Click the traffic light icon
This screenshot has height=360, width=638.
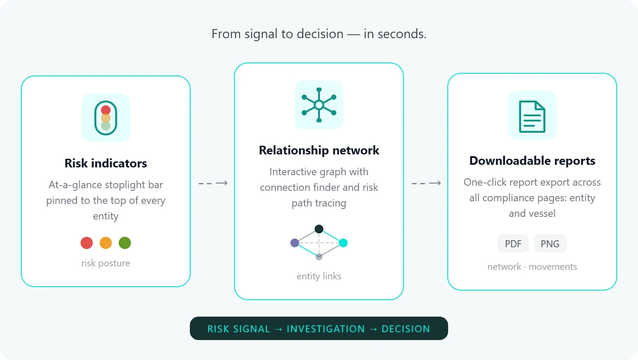pos(106,118)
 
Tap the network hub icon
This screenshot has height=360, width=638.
pos(319,105)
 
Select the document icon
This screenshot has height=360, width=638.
pos(532,117)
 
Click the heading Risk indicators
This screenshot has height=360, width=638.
pos(106,164)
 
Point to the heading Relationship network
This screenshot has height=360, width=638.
pos(319,150)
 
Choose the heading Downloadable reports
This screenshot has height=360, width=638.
pos(532,161)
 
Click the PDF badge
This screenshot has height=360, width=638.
pos(513,243)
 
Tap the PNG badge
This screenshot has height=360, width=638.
pos(550,243)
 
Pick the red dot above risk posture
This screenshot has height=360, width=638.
pos(87,243)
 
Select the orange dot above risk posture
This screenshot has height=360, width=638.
pos(106,243)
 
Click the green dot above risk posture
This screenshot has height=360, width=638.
pos(125,243)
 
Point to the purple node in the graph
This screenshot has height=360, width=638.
pos(294,243)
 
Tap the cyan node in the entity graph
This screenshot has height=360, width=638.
pos(343,243)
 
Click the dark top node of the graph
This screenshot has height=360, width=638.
pos(319,229)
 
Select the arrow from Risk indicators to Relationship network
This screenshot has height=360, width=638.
pos(213,183)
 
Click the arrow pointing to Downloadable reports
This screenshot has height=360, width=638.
pos(426,183)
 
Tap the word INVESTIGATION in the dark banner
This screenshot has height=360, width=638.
pos(326,329)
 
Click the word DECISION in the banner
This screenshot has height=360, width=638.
pos(406,329)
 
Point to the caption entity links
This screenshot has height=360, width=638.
pos(319,276)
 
